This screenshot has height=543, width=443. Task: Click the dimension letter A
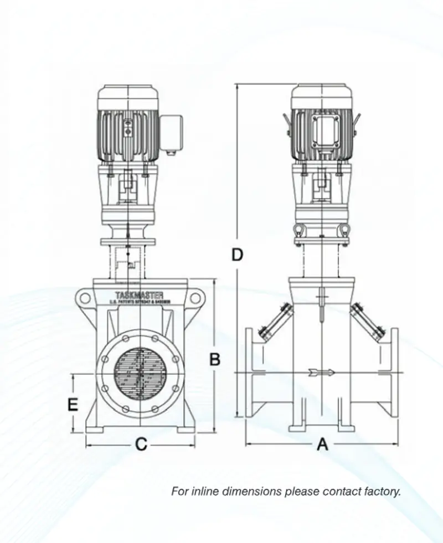(322, 444)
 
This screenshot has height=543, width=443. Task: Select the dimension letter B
(214, 359)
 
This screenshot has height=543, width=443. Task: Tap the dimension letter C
(141, 444)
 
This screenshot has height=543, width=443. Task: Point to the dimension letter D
(237, 255)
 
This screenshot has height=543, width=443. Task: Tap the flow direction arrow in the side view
(322, 373)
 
